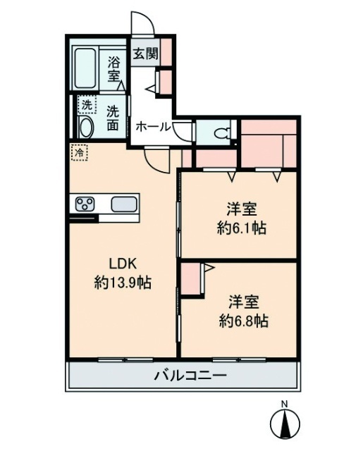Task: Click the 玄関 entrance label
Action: (x=143, y=52)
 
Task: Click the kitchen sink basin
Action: (x=124, y=205)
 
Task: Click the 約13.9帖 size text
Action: (x=123, y=283)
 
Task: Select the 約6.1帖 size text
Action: (x=241, y=228)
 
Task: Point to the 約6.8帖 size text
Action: (x=242, y=321)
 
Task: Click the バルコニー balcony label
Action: (x=190, y=376)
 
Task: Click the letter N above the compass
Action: (x=285, y=404)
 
